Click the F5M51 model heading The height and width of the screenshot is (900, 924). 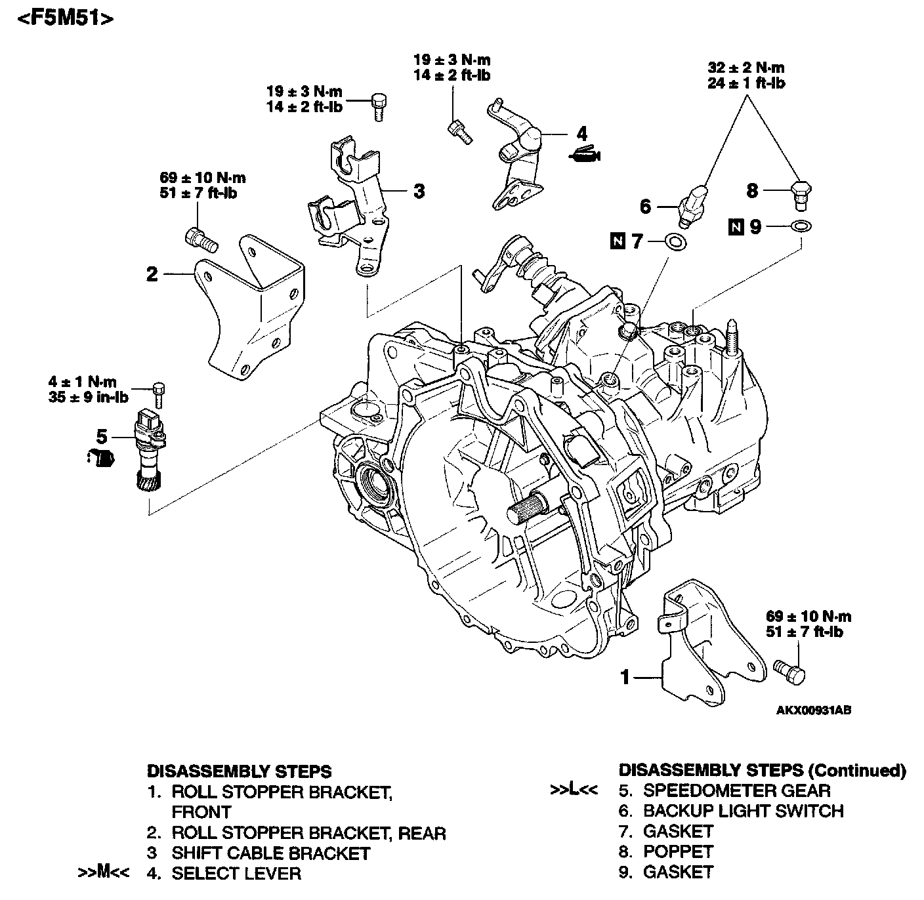pyautogui.click(x=64, y=18)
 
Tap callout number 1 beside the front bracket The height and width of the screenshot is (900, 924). pyautogui.click(x=625, y=676)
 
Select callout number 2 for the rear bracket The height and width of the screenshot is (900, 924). pyautogui.click(x=152, y=274)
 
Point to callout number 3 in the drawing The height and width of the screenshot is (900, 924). pyautogui.click(x=419, y=191)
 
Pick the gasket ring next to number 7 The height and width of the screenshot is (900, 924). pyautogui.click(x=676, y=242)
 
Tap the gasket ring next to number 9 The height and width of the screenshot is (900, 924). pyautogui.click(x=800, y=227)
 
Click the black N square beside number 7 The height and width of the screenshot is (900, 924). pyautogui.click(x=617, y=241)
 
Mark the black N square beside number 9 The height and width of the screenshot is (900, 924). pyautogui.click(x=736, y=227)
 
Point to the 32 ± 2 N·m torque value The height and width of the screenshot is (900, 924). pyautogui.click(x=746, y=68)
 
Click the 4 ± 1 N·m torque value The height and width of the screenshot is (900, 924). pyautogui.click(x=82, y=382)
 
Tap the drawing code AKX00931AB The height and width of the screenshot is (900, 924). pyautogui.click(x=814, y=710)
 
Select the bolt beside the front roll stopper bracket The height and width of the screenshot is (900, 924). pyautogui.click(x=789, y=670)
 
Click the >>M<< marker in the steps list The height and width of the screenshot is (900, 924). pyautogui.click(x=104, y=873)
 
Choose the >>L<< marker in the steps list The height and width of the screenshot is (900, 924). pyautogui.click(x=574, y=790)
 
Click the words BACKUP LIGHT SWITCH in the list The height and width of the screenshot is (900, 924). pyautogui.click(x=743, y=811)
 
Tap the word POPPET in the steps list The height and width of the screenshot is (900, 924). pyautogui.click(x=678, y=851)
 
